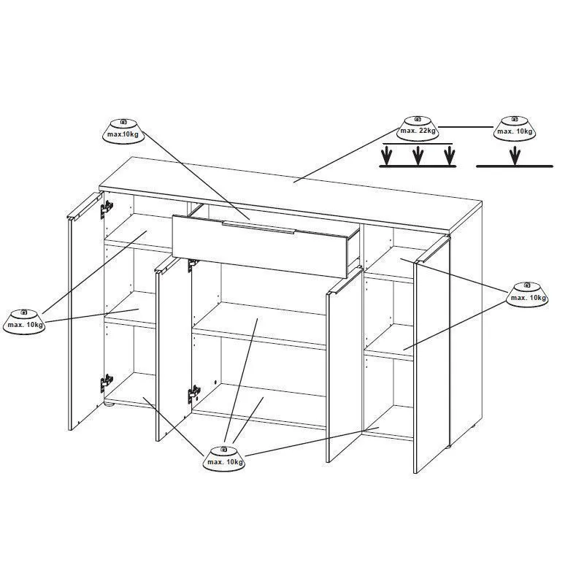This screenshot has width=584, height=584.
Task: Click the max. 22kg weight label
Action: pos(418,129)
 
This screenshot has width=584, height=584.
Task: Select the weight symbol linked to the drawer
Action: pos(123,131)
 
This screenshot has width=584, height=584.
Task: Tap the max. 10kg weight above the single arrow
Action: pos(515,129)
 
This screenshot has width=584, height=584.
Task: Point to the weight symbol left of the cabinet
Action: pos(24,322)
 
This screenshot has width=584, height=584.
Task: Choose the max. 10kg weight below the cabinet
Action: pos(224,458)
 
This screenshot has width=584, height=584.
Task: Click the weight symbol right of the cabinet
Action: pos(527,295)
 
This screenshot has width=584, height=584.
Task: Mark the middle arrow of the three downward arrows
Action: pos(418,155)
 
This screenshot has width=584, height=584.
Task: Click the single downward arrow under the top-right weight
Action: pos(515,155)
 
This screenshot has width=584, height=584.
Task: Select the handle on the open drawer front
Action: pos(258,228)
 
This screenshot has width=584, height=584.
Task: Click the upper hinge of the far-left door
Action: pos(107,210)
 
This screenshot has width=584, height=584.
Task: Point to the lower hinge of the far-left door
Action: pos(107,384)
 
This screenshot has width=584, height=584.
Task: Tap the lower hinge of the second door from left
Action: pos(194,394)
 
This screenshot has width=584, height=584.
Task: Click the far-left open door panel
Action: pos(85,311)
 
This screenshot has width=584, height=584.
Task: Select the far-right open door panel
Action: pos(432,355)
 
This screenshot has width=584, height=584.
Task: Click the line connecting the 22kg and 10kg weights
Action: pos(466,127)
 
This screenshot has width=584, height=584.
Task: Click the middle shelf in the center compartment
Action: pos(260,326)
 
